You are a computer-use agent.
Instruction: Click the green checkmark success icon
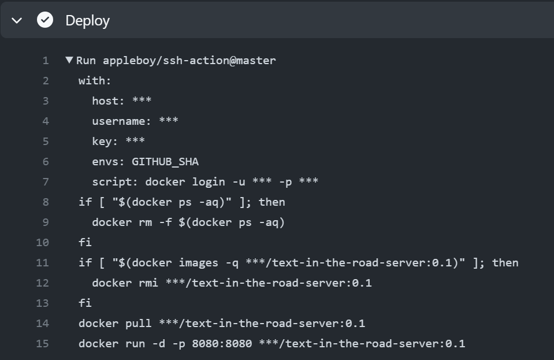[45, 20]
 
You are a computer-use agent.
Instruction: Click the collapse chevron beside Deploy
[17, 20]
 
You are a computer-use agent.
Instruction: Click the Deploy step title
[87, 20]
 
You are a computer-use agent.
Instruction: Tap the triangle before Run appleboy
[69, 60]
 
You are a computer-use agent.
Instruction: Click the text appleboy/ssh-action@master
[189, 60]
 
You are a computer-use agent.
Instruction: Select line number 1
[46, 60]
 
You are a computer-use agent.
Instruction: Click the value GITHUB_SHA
[165, 161]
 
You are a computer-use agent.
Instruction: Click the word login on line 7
[209, 181]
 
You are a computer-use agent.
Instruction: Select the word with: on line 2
[95, 80]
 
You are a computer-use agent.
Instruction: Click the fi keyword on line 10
[85, 242]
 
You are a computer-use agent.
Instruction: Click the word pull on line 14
[138, 323]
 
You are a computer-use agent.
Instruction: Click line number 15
[42, 343]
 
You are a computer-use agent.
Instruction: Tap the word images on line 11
[199, 262]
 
